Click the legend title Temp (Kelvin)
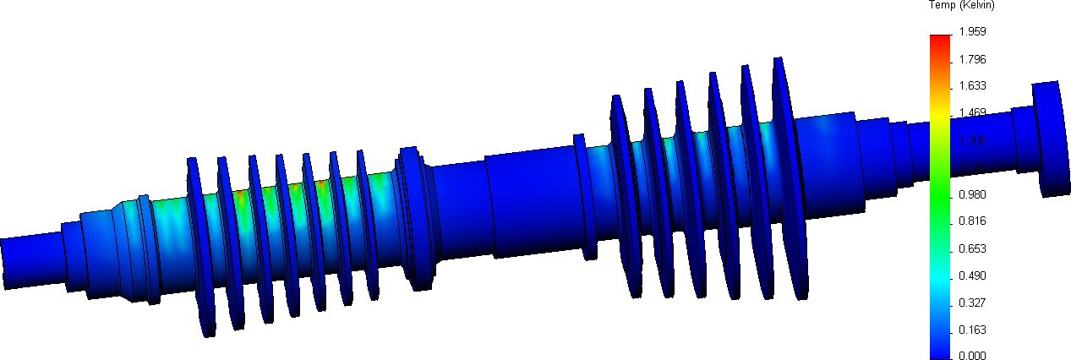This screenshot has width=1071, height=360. (961, 6)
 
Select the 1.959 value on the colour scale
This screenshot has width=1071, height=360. (971, 32)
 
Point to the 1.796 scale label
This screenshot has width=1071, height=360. (971, 59)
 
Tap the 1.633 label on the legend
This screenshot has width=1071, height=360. (971, 85)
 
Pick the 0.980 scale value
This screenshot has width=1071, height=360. (971, 194)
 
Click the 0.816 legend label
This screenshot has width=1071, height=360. (971, 221)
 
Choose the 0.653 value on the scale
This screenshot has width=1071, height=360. (971, 248)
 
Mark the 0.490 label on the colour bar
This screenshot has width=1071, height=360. (971, 275)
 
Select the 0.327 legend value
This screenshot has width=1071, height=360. (971, 303)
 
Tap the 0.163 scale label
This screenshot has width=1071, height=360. (971, 330)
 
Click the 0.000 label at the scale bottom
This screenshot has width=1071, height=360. (971, 356)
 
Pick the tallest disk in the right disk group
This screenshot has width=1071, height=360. (786, 177)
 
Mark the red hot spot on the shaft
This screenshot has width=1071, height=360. (239, 196)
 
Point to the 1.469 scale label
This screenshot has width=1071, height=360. (971, 112)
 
